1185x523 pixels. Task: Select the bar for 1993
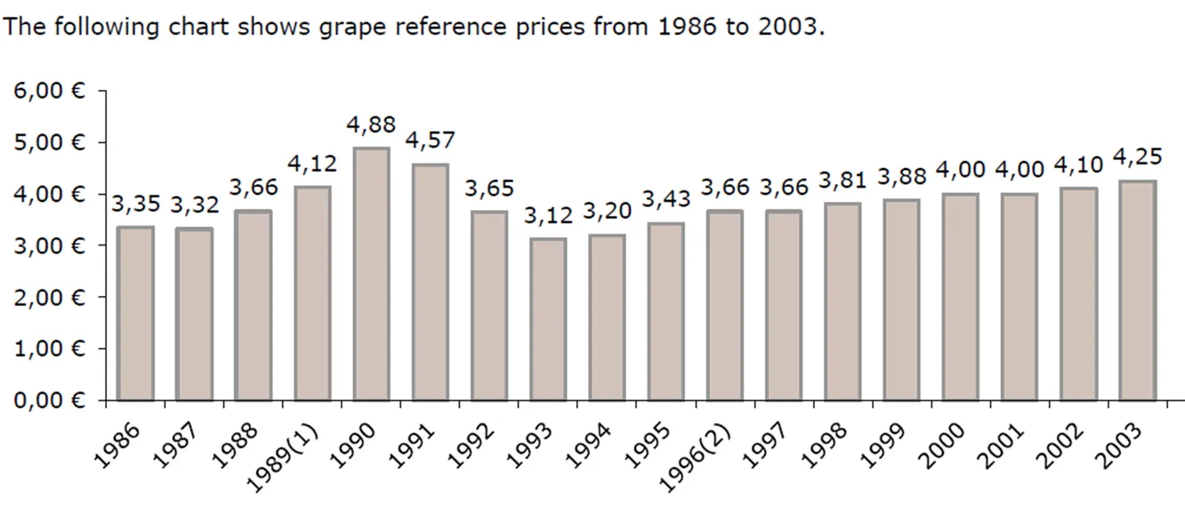(548, 319)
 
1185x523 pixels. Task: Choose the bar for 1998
(842, 302)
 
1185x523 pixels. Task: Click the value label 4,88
(371, 125)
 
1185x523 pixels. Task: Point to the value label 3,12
(548, 215)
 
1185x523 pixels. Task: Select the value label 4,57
(430, 141)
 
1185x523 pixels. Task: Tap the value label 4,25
(1137, 157)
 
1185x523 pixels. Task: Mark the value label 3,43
(665, 199)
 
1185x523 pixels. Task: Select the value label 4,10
(1077, 165)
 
